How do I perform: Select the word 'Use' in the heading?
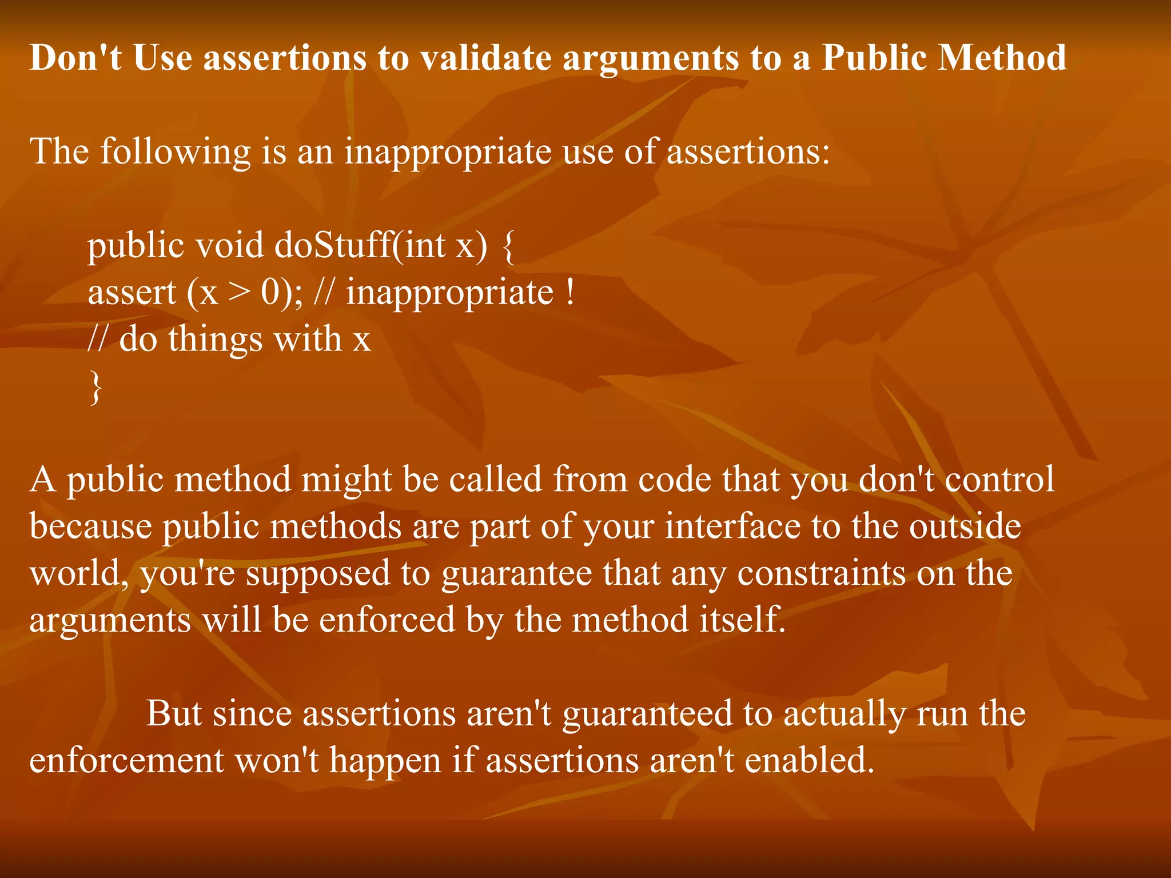click(162, 58)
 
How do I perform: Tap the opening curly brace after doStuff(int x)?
click(508, 246)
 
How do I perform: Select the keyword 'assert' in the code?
click(132, 293)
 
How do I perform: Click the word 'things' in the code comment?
click(216, 339)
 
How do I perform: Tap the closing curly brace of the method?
click(95, 387)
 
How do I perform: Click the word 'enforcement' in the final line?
click(126, 761)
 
